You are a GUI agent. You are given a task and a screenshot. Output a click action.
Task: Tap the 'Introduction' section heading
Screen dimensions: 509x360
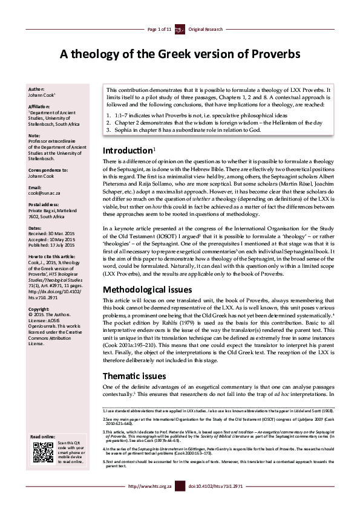coord(127,151)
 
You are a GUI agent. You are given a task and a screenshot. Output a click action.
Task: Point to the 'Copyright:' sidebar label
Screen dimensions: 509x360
coord(39,309)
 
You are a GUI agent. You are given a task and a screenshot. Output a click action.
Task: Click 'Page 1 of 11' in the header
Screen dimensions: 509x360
coord(159,29)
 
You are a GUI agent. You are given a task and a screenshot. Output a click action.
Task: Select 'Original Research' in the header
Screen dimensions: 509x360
coord(206,29)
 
